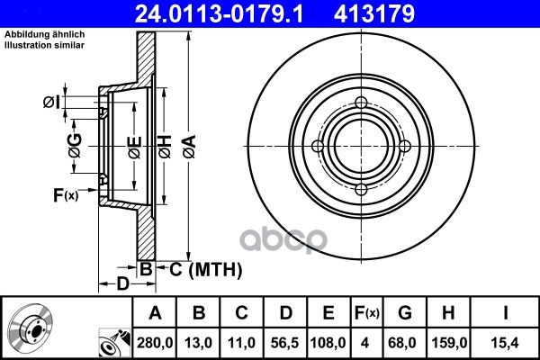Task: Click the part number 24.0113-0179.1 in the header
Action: click(219, 13)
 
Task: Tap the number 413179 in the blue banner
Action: click(374, 13)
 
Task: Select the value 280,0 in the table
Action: click(155, 343)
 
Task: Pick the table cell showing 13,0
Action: click(198, 343)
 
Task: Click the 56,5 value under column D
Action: click(284, 343)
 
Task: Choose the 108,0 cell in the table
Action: click(328, 343)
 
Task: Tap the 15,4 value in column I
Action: click(505, 343)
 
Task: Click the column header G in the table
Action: click(405, 313)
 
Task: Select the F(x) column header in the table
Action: click(367, 313)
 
